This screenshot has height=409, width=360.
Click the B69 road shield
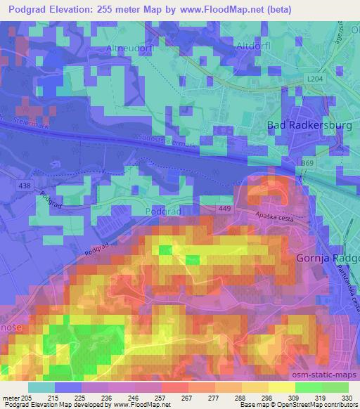pyautogui.click(x=307, y=163)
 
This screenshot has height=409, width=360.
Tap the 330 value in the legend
pyautogui.click(x=345, y=397)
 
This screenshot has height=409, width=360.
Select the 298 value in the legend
pyautogui.click(x=266, y=397)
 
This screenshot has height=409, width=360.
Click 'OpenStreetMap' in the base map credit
pyautogui.click(x=304, y=405)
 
